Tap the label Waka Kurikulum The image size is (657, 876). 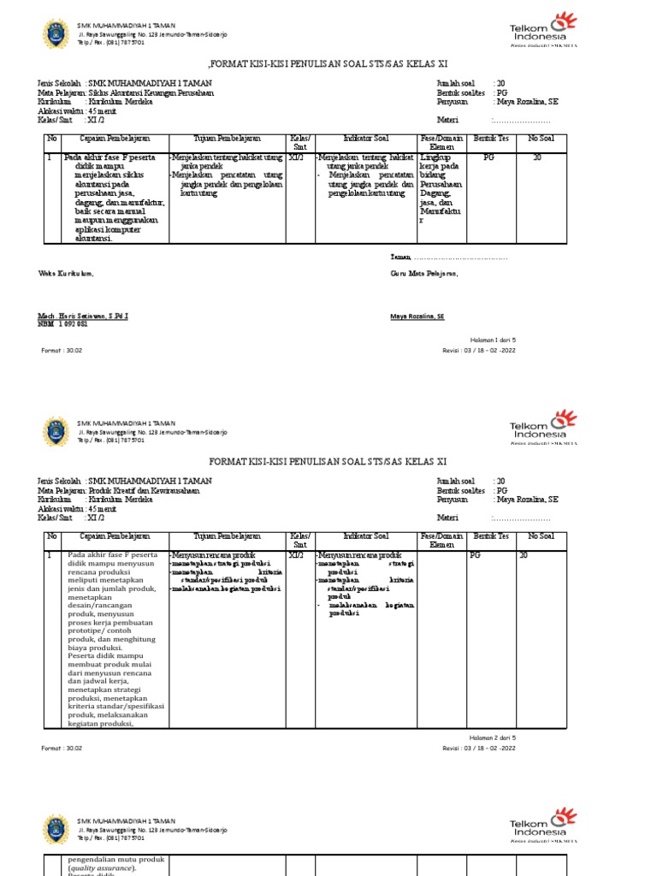pos(64,274)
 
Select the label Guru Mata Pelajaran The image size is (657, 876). pos(423,274)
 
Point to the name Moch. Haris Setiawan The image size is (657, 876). pos(82,317)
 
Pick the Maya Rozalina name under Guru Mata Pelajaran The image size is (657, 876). pos(417,317)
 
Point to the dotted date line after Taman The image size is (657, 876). pos(462,257)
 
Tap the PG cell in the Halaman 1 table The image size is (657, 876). pos(488,158)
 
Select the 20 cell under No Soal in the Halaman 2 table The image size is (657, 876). pos(536,556)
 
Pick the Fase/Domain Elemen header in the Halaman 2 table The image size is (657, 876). pos(441,540)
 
